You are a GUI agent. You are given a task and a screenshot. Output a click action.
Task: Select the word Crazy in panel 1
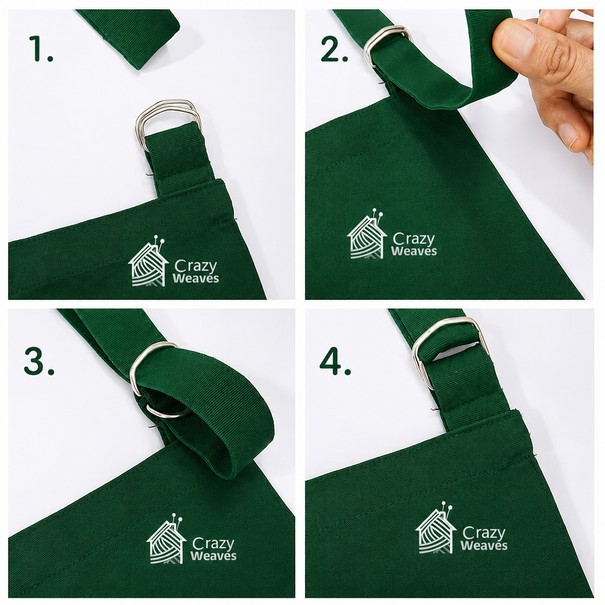tap(195, 266)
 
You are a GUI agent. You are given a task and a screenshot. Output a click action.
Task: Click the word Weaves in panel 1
tap(195, 278)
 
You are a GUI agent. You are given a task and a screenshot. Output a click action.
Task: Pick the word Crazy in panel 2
tap(414, 239)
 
